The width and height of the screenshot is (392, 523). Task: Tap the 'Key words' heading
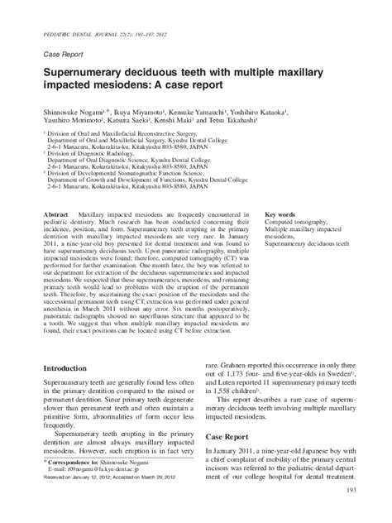tap(280, 214)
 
